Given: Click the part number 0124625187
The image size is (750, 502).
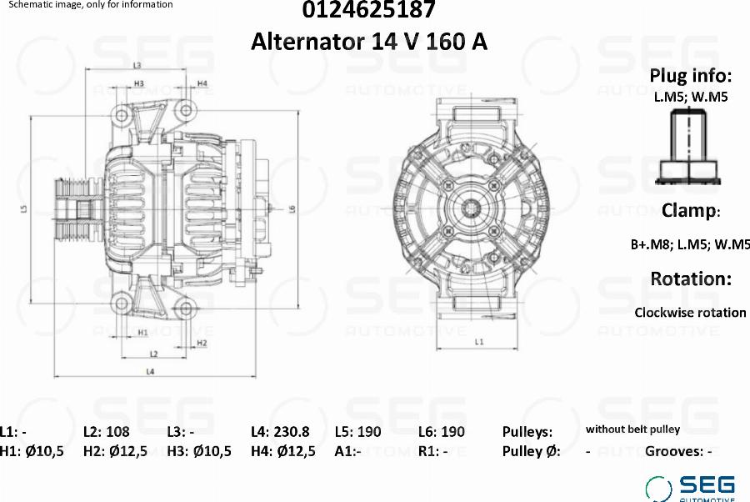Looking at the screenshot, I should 368,11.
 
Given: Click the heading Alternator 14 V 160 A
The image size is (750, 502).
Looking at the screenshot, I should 368,41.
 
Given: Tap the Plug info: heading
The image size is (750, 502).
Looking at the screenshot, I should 690,76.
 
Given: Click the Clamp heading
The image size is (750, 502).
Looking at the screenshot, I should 690,210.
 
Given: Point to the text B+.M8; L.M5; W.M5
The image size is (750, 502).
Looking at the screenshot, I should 690,245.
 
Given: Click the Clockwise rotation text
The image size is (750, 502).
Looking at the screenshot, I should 690,313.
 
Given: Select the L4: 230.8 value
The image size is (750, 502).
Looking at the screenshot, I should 280,432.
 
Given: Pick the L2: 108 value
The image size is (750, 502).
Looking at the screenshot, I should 107,432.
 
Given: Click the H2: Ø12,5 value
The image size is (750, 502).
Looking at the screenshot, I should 115,452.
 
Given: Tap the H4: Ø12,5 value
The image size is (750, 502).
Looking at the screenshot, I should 282,452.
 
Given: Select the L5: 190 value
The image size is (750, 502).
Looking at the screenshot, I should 357,432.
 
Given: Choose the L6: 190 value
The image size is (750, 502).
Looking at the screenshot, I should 442,432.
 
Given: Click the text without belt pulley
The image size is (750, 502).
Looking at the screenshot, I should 632,429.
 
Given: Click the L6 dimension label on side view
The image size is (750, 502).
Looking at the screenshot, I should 293,208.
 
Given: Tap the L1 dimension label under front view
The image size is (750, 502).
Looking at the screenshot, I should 478,342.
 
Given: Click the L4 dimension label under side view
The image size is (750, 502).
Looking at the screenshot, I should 150,370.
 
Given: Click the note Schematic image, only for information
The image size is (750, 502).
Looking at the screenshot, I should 90,5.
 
